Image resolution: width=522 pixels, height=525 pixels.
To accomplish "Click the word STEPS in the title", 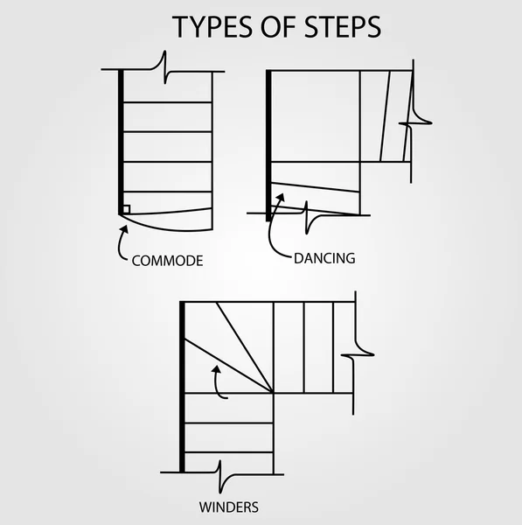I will pyautogui.click(x=340, y=26).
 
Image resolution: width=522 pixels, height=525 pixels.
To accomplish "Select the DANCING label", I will pyautogui.click(x=324, y=258).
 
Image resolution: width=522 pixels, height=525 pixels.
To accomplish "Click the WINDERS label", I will pyautogui.click(x=227, y=506).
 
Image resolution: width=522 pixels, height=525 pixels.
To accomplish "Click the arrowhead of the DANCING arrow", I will pyautogui.click(x=281, y=198).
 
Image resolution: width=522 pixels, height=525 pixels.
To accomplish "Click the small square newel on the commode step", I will pyautogui.click(x=127, y=209).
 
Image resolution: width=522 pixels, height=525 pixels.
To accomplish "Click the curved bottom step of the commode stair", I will pyautogui.click(x=168, y=217).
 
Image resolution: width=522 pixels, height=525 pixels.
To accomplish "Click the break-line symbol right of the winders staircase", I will pyautogui.click(x=358, y=354).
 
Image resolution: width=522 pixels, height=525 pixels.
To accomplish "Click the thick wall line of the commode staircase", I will pyautogui.click(x=120, y=140).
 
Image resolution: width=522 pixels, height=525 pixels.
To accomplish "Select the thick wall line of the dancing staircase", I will pyautogui.click(x=268, y=140).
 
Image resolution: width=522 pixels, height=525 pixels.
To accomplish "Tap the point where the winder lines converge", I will pyautogui.click(x=273, y=392).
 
